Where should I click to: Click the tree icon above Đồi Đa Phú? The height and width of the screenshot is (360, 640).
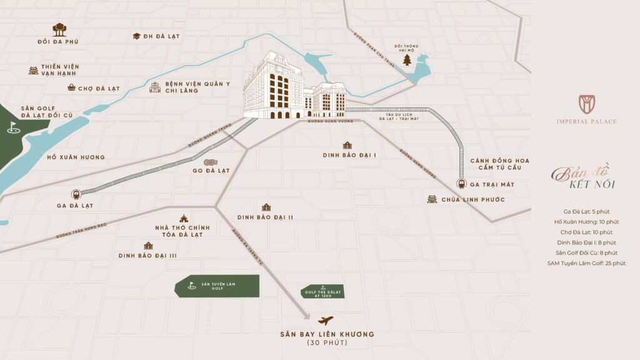[59, 29]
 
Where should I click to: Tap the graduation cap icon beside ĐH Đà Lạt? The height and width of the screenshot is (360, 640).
[136, 36]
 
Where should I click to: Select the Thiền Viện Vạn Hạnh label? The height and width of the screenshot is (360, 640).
[61, 70]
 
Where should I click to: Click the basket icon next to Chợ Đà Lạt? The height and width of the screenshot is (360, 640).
[72, 88]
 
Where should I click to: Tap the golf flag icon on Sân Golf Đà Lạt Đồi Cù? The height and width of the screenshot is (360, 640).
[12, 127]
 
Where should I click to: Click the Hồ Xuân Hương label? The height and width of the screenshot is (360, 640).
[76, 157]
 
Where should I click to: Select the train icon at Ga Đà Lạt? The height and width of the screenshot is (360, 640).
[76, 194]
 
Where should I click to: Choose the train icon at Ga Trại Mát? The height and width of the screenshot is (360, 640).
[461, 184]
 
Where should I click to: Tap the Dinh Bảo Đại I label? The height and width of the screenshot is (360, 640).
[349, 154]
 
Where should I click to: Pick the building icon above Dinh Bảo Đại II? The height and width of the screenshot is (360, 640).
[266, 207]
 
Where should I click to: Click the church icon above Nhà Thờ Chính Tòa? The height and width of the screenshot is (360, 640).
[182, 218]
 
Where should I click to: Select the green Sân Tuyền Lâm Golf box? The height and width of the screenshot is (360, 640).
[217, 286]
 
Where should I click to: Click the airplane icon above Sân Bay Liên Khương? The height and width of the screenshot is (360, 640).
[325, 321]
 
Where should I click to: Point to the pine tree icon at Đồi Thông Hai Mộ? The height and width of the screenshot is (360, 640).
[407, 60]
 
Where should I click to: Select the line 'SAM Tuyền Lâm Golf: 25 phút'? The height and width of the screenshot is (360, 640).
[586, 263]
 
